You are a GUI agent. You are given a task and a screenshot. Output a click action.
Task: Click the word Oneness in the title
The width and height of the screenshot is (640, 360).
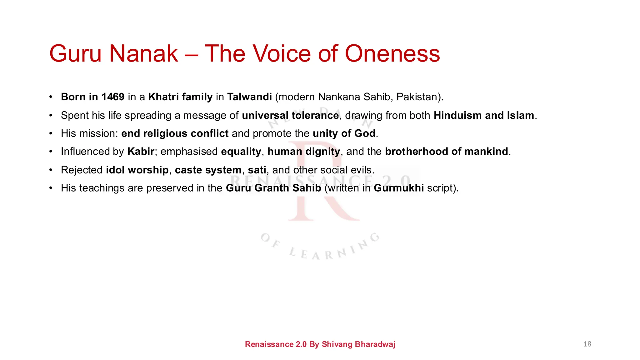(392, 53)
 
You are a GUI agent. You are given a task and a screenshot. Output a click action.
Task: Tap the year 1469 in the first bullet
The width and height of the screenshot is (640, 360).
(113, 97)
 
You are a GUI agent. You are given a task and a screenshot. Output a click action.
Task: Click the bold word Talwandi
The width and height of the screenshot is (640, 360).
(249, 97)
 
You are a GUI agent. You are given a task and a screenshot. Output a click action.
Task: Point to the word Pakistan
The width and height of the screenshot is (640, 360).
(418, 97)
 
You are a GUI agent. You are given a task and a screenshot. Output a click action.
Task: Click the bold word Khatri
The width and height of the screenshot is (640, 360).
(163, 97)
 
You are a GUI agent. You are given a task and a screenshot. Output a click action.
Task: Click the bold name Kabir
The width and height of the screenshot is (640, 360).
(141, 152)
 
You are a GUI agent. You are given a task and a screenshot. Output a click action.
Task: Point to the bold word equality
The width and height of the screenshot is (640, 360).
(241, 152)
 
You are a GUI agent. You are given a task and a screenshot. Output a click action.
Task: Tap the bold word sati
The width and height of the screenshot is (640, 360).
(257, 170)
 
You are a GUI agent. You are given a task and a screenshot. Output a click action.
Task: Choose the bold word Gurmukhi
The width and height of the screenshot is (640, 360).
(399, 188)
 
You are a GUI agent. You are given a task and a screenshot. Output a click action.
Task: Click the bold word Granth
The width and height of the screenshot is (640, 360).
(272, 188)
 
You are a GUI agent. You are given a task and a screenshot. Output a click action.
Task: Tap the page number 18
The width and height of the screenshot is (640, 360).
(587, 344)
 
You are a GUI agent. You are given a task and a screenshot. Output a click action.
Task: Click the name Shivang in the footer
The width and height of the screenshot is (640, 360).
(337, 344)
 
